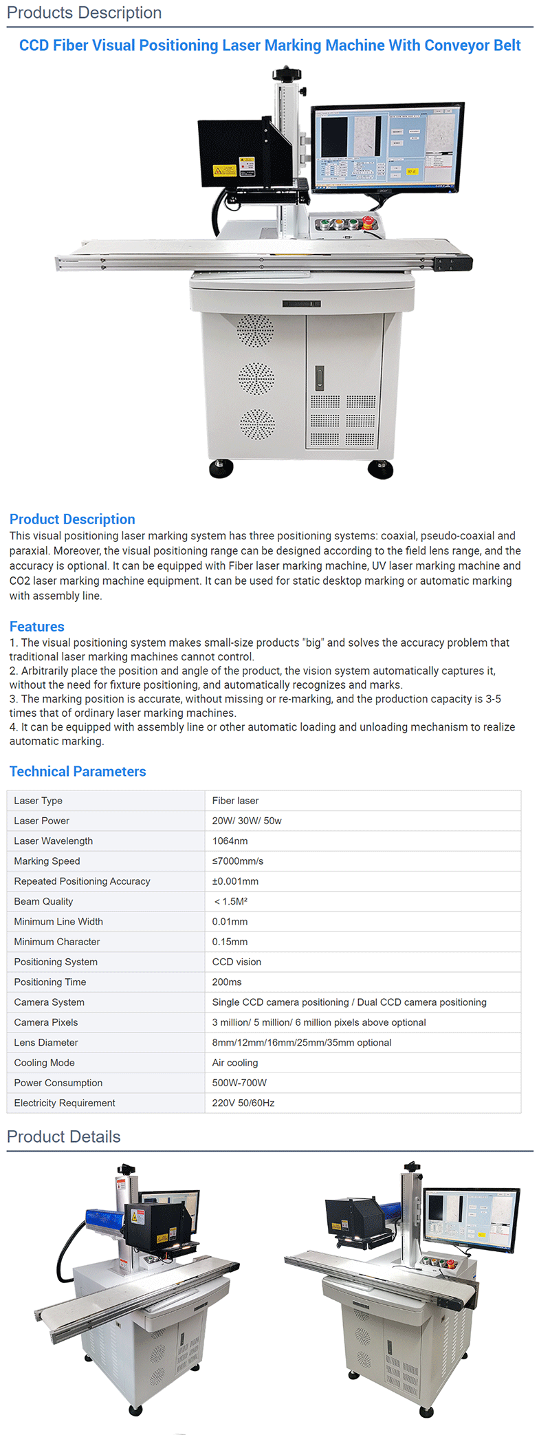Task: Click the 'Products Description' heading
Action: point(84,12)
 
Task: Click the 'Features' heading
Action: point(36,627)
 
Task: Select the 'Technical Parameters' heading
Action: point(78,772)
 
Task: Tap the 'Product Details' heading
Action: point(63,1137)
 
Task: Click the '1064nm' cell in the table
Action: point(230,841)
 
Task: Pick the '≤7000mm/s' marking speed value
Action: point(237,861)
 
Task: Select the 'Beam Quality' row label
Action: point(43,902)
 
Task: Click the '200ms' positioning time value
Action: point(226,982)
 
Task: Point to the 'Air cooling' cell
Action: point(234,1063)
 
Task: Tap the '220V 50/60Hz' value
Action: point(243,1103)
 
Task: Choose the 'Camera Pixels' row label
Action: point(45,1023)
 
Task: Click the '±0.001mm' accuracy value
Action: point(235,882)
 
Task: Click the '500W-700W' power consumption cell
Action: point(239,1083)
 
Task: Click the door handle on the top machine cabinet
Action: point(320,378)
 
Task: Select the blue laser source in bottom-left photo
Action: point(104,1221)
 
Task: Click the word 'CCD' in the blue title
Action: point(34,45)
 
